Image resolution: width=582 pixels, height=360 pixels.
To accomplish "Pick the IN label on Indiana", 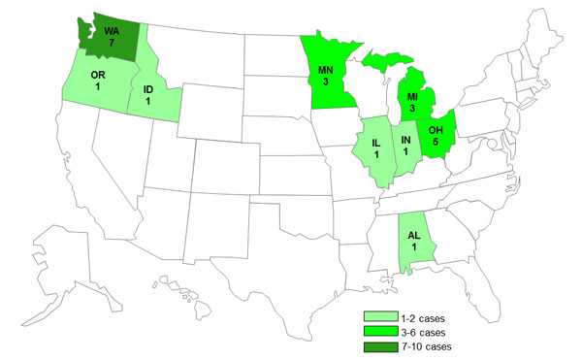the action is [406, 138].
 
